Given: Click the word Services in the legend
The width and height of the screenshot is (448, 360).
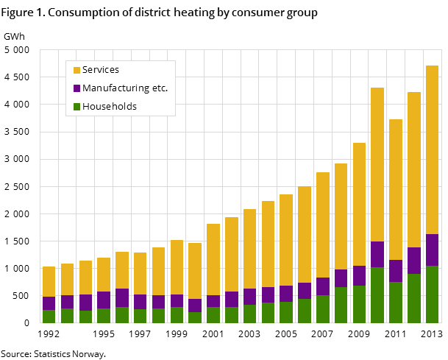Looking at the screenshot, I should [x=100, y=70].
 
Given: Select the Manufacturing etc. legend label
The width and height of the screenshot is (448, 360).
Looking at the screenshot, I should [x=124, y=88].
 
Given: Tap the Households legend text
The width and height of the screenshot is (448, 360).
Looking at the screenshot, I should [x=109, y=107].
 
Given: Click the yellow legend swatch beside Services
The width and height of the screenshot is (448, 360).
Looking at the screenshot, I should [x=77, y=70].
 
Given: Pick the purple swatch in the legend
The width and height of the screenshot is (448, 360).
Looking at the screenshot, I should [x=77, y=88].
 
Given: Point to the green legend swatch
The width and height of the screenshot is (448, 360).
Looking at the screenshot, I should [x=77, y=107].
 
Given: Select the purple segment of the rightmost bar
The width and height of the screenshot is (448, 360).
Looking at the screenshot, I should [x=432, y=250].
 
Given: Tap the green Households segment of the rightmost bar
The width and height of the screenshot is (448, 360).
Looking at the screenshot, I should [x=432, y=294].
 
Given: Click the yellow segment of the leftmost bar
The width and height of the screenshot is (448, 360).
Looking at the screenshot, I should [x=49, y=281].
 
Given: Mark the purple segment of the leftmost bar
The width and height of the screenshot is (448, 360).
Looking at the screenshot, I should [x=49, y=303].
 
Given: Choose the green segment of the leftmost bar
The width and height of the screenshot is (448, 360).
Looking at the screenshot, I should [x=49, y=316].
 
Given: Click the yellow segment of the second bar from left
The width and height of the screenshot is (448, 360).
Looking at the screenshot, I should [x=67, y=279].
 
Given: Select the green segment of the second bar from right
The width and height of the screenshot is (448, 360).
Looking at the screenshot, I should [x=414, y=298].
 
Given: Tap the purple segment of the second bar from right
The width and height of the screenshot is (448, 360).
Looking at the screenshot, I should [x=414, y=261].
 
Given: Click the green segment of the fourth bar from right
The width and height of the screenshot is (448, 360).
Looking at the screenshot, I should [x=377, y=294].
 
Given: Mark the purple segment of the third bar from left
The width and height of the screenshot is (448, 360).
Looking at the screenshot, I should [x=85, y=303].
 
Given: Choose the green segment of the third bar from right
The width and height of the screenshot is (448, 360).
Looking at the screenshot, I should [x=396, y=302].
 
